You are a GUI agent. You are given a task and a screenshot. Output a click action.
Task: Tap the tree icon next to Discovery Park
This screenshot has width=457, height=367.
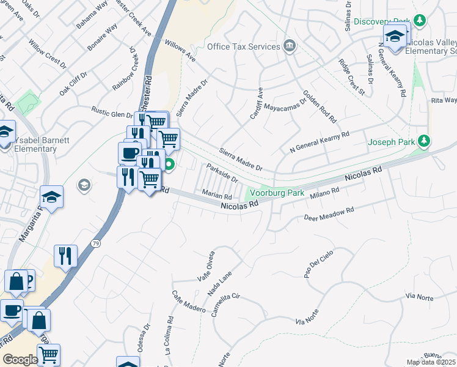click(420, 21)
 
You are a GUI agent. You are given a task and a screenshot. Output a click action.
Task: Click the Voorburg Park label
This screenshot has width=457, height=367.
click(278, 193)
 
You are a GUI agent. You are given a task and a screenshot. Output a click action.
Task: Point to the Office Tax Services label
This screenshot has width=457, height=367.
click(243, 46)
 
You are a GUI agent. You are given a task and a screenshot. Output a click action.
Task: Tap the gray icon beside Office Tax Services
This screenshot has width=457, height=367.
click(289, 46)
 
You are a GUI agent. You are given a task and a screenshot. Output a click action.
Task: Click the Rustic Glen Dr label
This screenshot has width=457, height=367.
click(112, 114)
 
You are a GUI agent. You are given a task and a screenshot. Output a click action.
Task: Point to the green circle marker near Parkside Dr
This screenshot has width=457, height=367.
click(169, 164)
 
